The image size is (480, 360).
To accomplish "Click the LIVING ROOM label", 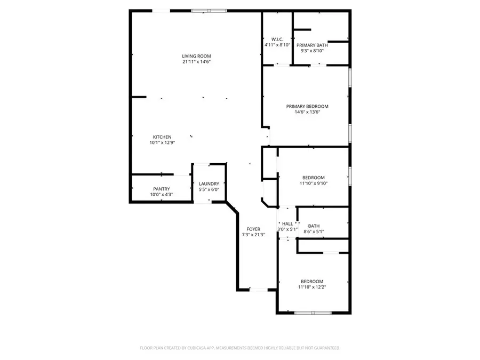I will [196, 56].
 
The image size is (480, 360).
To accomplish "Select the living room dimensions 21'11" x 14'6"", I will [196, 62].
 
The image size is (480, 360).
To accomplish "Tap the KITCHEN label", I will [162, 137].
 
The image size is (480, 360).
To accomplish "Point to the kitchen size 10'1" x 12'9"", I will [162, 143].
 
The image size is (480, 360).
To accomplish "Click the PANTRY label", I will [161, 189].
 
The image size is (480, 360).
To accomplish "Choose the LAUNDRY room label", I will [209, 183].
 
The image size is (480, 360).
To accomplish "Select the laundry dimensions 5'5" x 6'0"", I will [209, 189].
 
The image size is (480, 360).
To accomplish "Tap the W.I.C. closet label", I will [277, 39].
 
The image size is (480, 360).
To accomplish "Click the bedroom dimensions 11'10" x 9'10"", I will [313, 183].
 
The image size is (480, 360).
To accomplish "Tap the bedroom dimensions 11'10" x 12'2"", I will [313, 287].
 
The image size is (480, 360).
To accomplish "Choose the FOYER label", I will [253, 229].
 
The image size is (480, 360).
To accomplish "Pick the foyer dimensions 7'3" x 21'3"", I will [253, 235].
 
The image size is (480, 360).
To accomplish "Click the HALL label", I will [287, 224].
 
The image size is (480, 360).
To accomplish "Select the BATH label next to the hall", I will [314, 226].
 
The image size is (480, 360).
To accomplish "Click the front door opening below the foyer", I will [258, 290].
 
